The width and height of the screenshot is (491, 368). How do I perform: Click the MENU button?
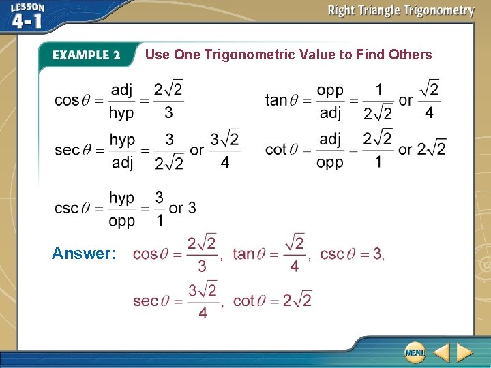414,352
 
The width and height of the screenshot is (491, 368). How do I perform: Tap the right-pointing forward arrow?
464,352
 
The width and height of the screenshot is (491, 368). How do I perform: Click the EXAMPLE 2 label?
87,55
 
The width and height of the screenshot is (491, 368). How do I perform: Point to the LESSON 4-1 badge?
26,15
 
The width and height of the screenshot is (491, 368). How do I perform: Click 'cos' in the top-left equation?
67,100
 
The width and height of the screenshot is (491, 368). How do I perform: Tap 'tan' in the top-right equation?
276,100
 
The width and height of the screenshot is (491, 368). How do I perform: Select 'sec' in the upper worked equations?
67,150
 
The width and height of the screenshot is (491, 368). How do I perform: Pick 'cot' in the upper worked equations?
276,150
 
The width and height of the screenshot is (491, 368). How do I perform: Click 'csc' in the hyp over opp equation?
67,208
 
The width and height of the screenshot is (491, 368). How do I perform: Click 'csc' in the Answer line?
331,254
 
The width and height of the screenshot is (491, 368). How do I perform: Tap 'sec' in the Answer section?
145,301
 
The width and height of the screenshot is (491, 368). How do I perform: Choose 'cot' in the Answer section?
243,301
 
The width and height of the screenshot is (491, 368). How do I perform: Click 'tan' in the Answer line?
243,254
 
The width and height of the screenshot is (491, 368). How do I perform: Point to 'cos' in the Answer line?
145,254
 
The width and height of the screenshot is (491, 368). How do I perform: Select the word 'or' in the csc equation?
176,208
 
